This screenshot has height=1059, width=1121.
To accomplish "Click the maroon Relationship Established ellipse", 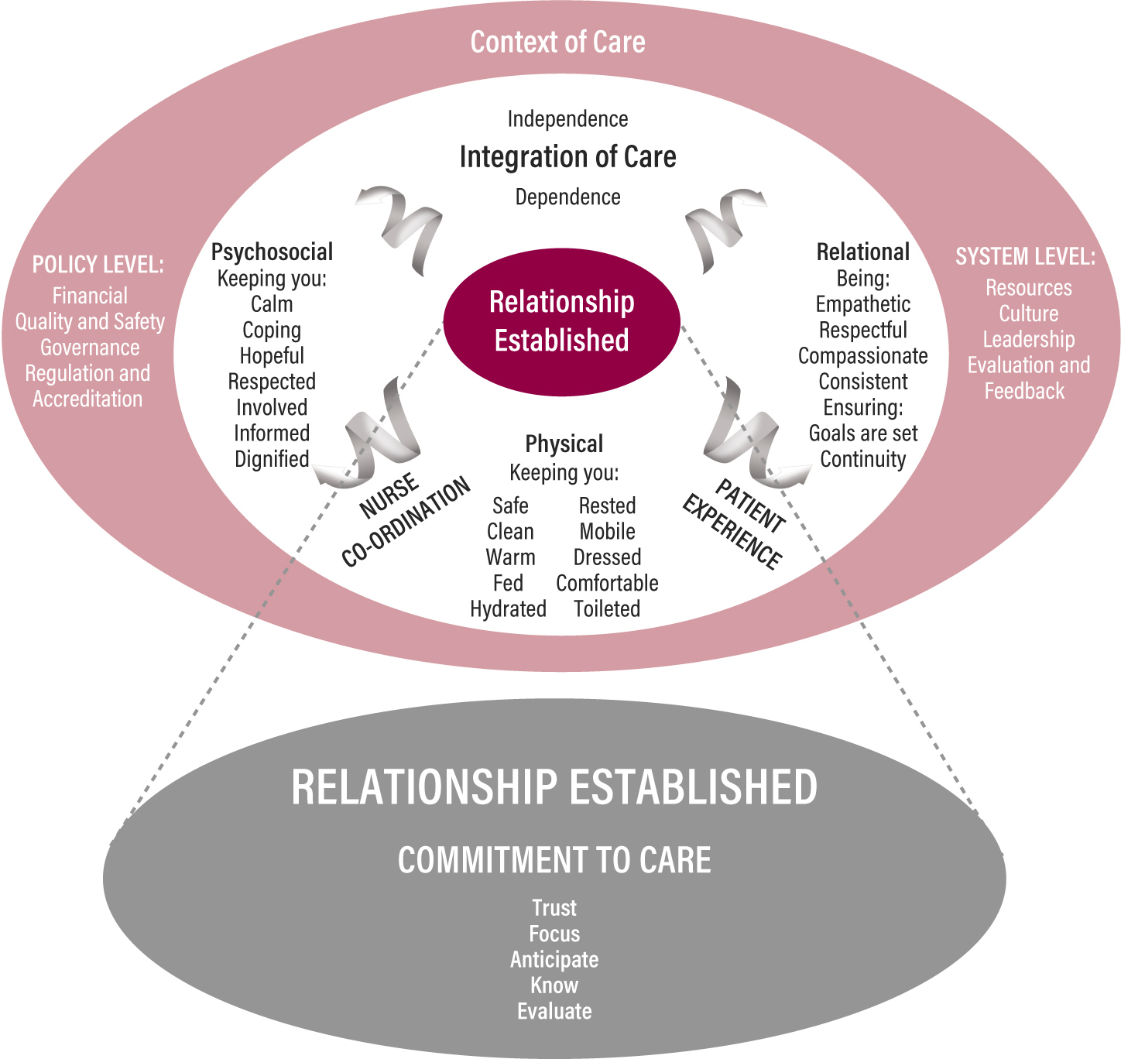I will [x=561, y=321].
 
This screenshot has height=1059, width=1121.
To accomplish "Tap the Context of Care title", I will [x=557, y=42].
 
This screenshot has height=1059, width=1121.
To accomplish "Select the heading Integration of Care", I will [x=567, y=157].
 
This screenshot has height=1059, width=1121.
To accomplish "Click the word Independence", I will [x=567, y=119].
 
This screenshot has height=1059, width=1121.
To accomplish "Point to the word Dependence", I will [x=567, y=197].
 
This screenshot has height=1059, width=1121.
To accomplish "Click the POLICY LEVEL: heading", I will [x=98, y=265].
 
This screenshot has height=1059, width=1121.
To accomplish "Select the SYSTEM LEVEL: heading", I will [x=1025, y=256].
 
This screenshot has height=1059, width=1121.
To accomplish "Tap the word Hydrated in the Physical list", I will [x=508, y=609].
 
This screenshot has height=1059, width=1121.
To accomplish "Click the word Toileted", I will [x=607, y=609].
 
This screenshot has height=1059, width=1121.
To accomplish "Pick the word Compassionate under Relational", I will [x=862, y=356].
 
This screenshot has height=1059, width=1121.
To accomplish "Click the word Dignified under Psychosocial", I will [x=272, y=459].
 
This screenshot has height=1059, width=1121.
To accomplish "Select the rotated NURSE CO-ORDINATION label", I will [x=405, y=520].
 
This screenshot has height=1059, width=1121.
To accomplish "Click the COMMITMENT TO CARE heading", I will [x=554, y=860].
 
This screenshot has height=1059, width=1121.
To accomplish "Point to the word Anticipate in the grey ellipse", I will [x=554, y=960].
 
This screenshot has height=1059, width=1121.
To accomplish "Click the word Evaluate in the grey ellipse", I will [x=554, y=1011].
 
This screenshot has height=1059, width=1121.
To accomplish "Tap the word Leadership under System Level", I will [x=1028, y=339].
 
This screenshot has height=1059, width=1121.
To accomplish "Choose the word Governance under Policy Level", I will [x=90, y=348].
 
